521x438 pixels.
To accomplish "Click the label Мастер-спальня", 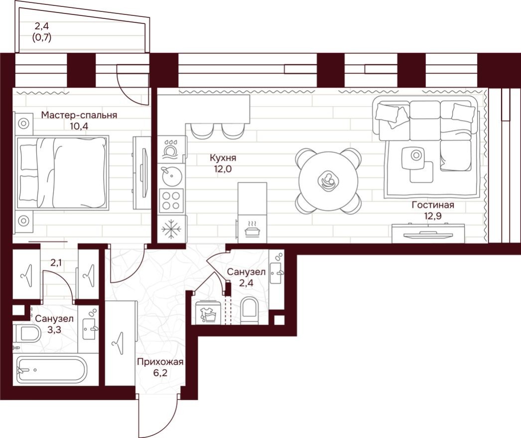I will pyautogui.click(x=79, y=115).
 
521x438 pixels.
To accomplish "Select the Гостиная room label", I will pyautogui.click(x=432, y=205).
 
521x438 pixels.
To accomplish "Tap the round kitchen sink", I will pyautogui.click(x=172, y=174).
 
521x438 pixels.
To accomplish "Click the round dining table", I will pyautogui.click(x=328, y=181).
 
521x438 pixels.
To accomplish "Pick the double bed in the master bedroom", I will pyautogui.click(x=63, y=173).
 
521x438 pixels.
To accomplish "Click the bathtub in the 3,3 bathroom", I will pyautogui.click(x=51, y=370).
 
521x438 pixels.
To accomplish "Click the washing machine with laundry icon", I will pyautogui.click(x=207, y=313).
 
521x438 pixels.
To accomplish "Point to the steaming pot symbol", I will pyautogui.click(x=252, y=228).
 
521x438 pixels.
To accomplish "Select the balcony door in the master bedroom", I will pyautogui.click(x=132, y=85).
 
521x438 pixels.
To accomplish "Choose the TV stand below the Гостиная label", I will pyautogui.click(x=428, y=233).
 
